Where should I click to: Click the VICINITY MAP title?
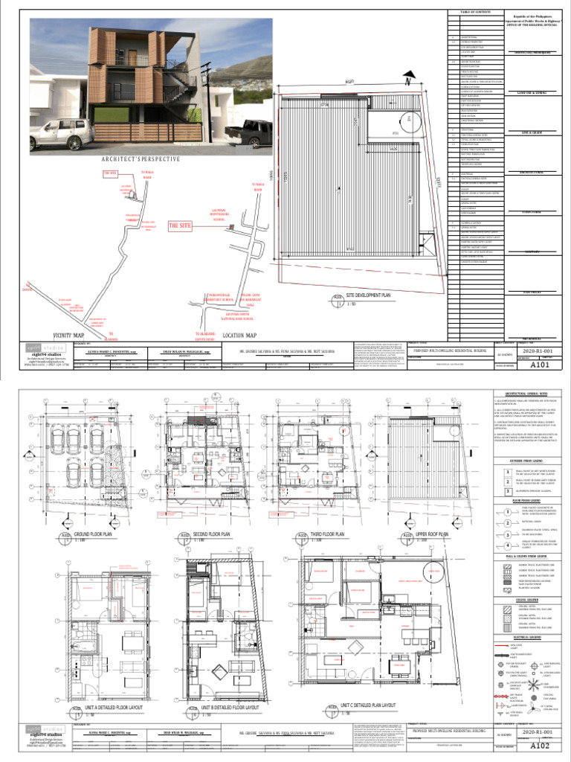click(62, 335)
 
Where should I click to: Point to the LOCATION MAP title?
click(239, 336)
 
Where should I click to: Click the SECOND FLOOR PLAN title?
click(211, 534)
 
